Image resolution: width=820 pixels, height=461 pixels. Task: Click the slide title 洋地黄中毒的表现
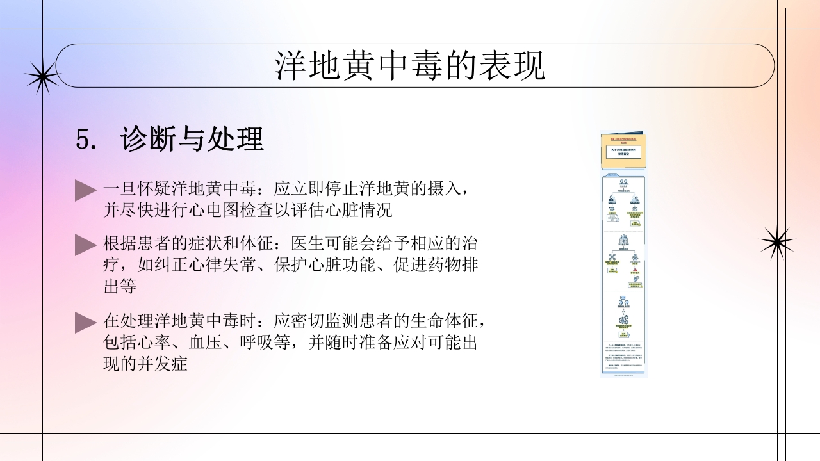point(410,66)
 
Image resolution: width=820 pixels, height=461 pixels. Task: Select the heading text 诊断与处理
point(192,140)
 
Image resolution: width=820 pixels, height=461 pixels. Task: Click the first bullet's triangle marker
point(85,190)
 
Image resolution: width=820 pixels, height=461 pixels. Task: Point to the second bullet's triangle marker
point(85,245)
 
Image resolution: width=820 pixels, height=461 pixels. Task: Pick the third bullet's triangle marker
point(85,322)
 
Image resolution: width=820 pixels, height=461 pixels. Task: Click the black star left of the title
point(42,77)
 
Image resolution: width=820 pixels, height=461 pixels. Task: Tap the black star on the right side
point(776,242)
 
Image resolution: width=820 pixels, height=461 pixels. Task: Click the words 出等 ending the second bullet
point(120,286)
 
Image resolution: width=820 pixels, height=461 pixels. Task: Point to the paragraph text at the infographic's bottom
point(623,359)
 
